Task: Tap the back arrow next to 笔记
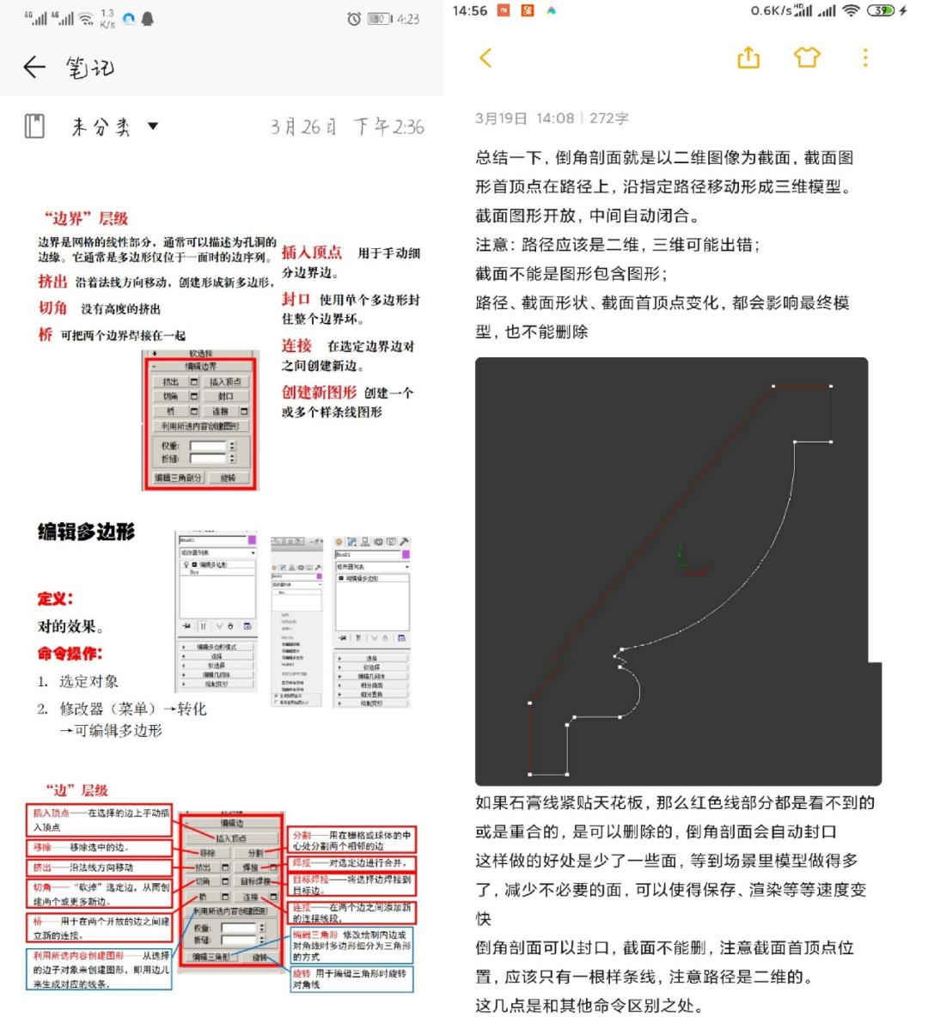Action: coord(34,67)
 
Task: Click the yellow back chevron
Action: coord(485,58)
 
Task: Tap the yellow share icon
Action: coord(748,58)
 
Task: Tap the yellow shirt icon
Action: coord(807,58)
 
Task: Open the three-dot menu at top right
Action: coord(865,58)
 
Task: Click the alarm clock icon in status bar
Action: coord(353,18)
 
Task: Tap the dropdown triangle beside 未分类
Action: coord(153,126)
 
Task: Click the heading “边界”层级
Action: coord(86,218)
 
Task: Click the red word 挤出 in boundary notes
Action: coord(52,281)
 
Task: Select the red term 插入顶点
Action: coord(311,252)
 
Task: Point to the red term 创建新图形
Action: coord(319,392)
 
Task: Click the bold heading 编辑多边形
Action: coord(86,532)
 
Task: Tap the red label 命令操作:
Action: coord(69,653)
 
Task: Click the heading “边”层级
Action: coord(76,789)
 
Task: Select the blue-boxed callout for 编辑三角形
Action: coord(351,945)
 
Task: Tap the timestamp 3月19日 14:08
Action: coord(524,119)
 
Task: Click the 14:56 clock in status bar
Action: coord(469,11)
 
